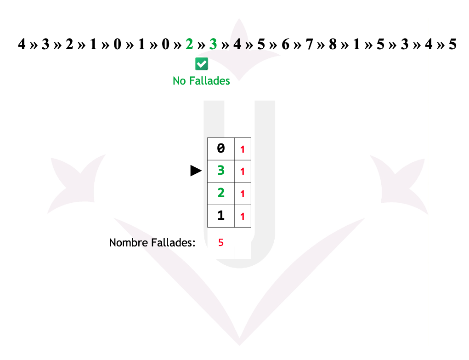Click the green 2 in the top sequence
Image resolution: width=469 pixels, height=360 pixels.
point(189,45)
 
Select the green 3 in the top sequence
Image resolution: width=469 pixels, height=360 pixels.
point(213,45)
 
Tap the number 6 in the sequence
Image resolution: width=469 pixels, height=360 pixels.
point(285,45)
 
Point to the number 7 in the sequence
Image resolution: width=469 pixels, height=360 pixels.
point(309,45)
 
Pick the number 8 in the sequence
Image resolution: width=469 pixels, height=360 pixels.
point(333,45)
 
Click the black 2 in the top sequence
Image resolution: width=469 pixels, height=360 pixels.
point(69,45)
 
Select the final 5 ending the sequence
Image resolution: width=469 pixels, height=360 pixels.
point(452,45)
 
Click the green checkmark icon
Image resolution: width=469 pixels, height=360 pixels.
point(202,64)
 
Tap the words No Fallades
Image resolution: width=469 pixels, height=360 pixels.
point(201,81)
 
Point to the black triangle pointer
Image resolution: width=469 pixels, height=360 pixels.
point(196,171)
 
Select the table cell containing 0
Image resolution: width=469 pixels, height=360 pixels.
point(221,149)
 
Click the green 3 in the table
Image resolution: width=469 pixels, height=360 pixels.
point(221,171)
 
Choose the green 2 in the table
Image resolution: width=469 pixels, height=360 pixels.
point(221,193)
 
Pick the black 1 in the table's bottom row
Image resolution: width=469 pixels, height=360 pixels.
point(221,215)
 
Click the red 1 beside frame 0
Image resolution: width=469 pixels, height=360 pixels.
point(243,149)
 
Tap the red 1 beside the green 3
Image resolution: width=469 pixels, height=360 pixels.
point(243,171)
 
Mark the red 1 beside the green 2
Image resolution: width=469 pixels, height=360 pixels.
point(243,194)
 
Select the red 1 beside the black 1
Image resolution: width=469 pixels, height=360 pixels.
point(243,216)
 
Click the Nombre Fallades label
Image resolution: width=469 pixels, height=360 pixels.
point(152,243)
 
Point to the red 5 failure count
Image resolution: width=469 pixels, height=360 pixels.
point(221,243)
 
